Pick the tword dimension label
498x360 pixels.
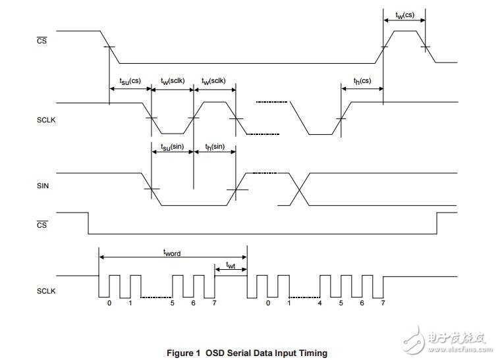click(x=172, y=252)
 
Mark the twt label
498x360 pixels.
click(x=231, y=265)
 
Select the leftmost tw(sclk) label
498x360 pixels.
click(x=173, y=81)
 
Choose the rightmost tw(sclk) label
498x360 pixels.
click(x=215, y=81)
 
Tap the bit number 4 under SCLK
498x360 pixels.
click(x=320, y=303)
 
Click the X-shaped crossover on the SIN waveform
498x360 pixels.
click(x=298, y=190)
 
